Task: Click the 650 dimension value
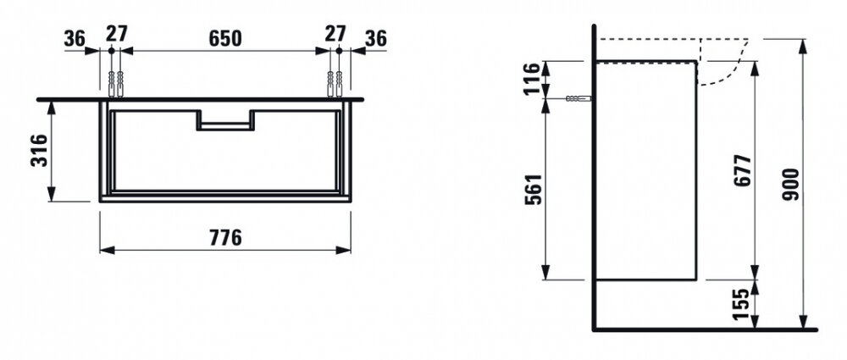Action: pos(224,38)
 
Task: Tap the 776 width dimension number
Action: pos(225,237)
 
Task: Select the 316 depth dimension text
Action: pos(40,150)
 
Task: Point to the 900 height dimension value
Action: pos(790,185)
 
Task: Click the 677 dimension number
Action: pos(743,171)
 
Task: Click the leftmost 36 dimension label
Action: pos(75,38)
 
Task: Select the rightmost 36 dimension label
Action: pos(376,38)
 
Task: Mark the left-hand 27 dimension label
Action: pos(116,34)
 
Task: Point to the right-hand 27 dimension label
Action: pos(335,34)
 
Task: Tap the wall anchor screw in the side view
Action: pos(578,98)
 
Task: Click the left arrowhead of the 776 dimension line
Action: pos(107,250)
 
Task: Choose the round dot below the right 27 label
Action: pos(340,50)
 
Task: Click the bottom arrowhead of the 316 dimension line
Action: pos(52,194)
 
